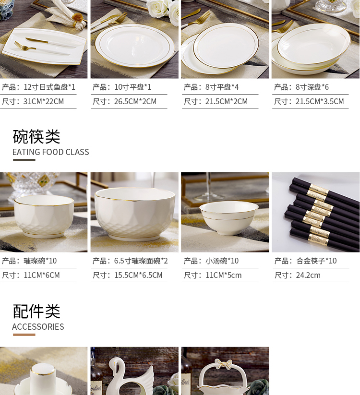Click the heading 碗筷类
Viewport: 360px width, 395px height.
point(36,136)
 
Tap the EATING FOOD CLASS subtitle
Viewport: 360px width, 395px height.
point(50,152)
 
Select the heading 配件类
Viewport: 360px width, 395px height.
point(36,311)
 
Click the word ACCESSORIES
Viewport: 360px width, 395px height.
point(38,327)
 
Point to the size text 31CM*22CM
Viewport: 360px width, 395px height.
point(44,102)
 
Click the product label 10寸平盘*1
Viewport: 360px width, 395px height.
point(133,87)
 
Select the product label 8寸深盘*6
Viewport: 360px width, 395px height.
point(312,87)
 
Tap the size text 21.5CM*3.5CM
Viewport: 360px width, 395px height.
point(320,102)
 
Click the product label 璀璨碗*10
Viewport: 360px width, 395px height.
point(40,261)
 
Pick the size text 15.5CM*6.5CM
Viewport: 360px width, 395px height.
point(138,275)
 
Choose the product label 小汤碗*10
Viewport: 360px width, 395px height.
point(222,261)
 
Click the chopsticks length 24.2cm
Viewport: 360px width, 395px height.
point(308,275)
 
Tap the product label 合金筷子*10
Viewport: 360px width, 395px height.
point(316,261)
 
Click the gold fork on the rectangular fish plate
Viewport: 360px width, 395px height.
point(24,46)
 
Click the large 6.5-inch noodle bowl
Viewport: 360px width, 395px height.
point(134,214)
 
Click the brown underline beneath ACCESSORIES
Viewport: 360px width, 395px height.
point(24,335)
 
